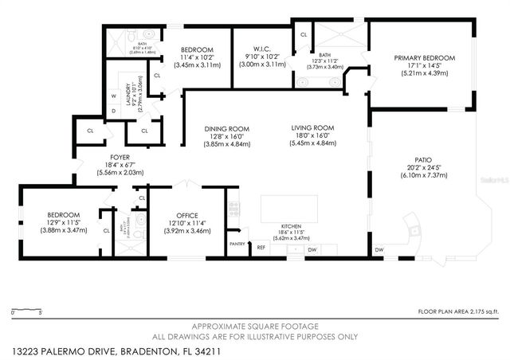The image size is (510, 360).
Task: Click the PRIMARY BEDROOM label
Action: (x=425, y=58)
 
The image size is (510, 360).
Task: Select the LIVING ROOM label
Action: (x=312, y=128)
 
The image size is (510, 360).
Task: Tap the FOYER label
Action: (x=120, y=158)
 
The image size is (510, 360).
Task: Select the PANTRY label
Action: (x=237, y=244)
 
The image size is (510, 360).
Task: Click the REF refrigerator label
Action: (x=261, y=248)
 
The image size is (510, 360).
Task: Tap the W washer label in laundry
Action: (x=114, y=97)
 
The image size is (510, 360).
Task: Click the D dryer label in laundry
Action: (x=114, y=110)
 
